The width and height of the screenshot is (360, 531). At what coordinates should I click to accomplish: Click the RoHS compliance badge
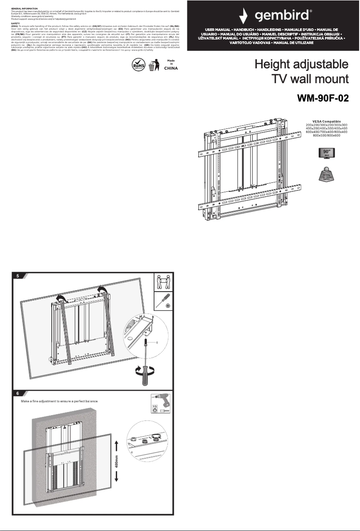click(137, 65)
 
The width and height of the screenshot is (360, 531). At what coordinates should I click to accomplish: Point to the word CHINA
click(171, 69)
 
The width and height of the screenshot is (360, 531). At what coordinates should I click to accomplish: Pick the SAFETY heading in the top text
click(15, 23)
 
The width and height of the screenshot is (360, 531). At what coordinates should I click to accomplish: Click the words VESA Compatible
click(327, 121)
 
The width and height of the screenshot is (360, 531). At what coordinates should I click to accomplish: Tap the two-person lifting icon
click(164, 282)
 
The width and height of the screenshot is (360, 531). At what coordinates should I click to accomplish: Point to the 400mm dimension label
click(117, 461)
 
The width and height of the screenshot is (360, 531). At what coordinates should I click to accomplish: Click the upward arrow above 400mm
click(117, 445)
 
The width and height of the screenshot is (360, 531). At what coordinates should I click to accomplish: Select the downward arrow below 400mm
click(117, 478)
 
